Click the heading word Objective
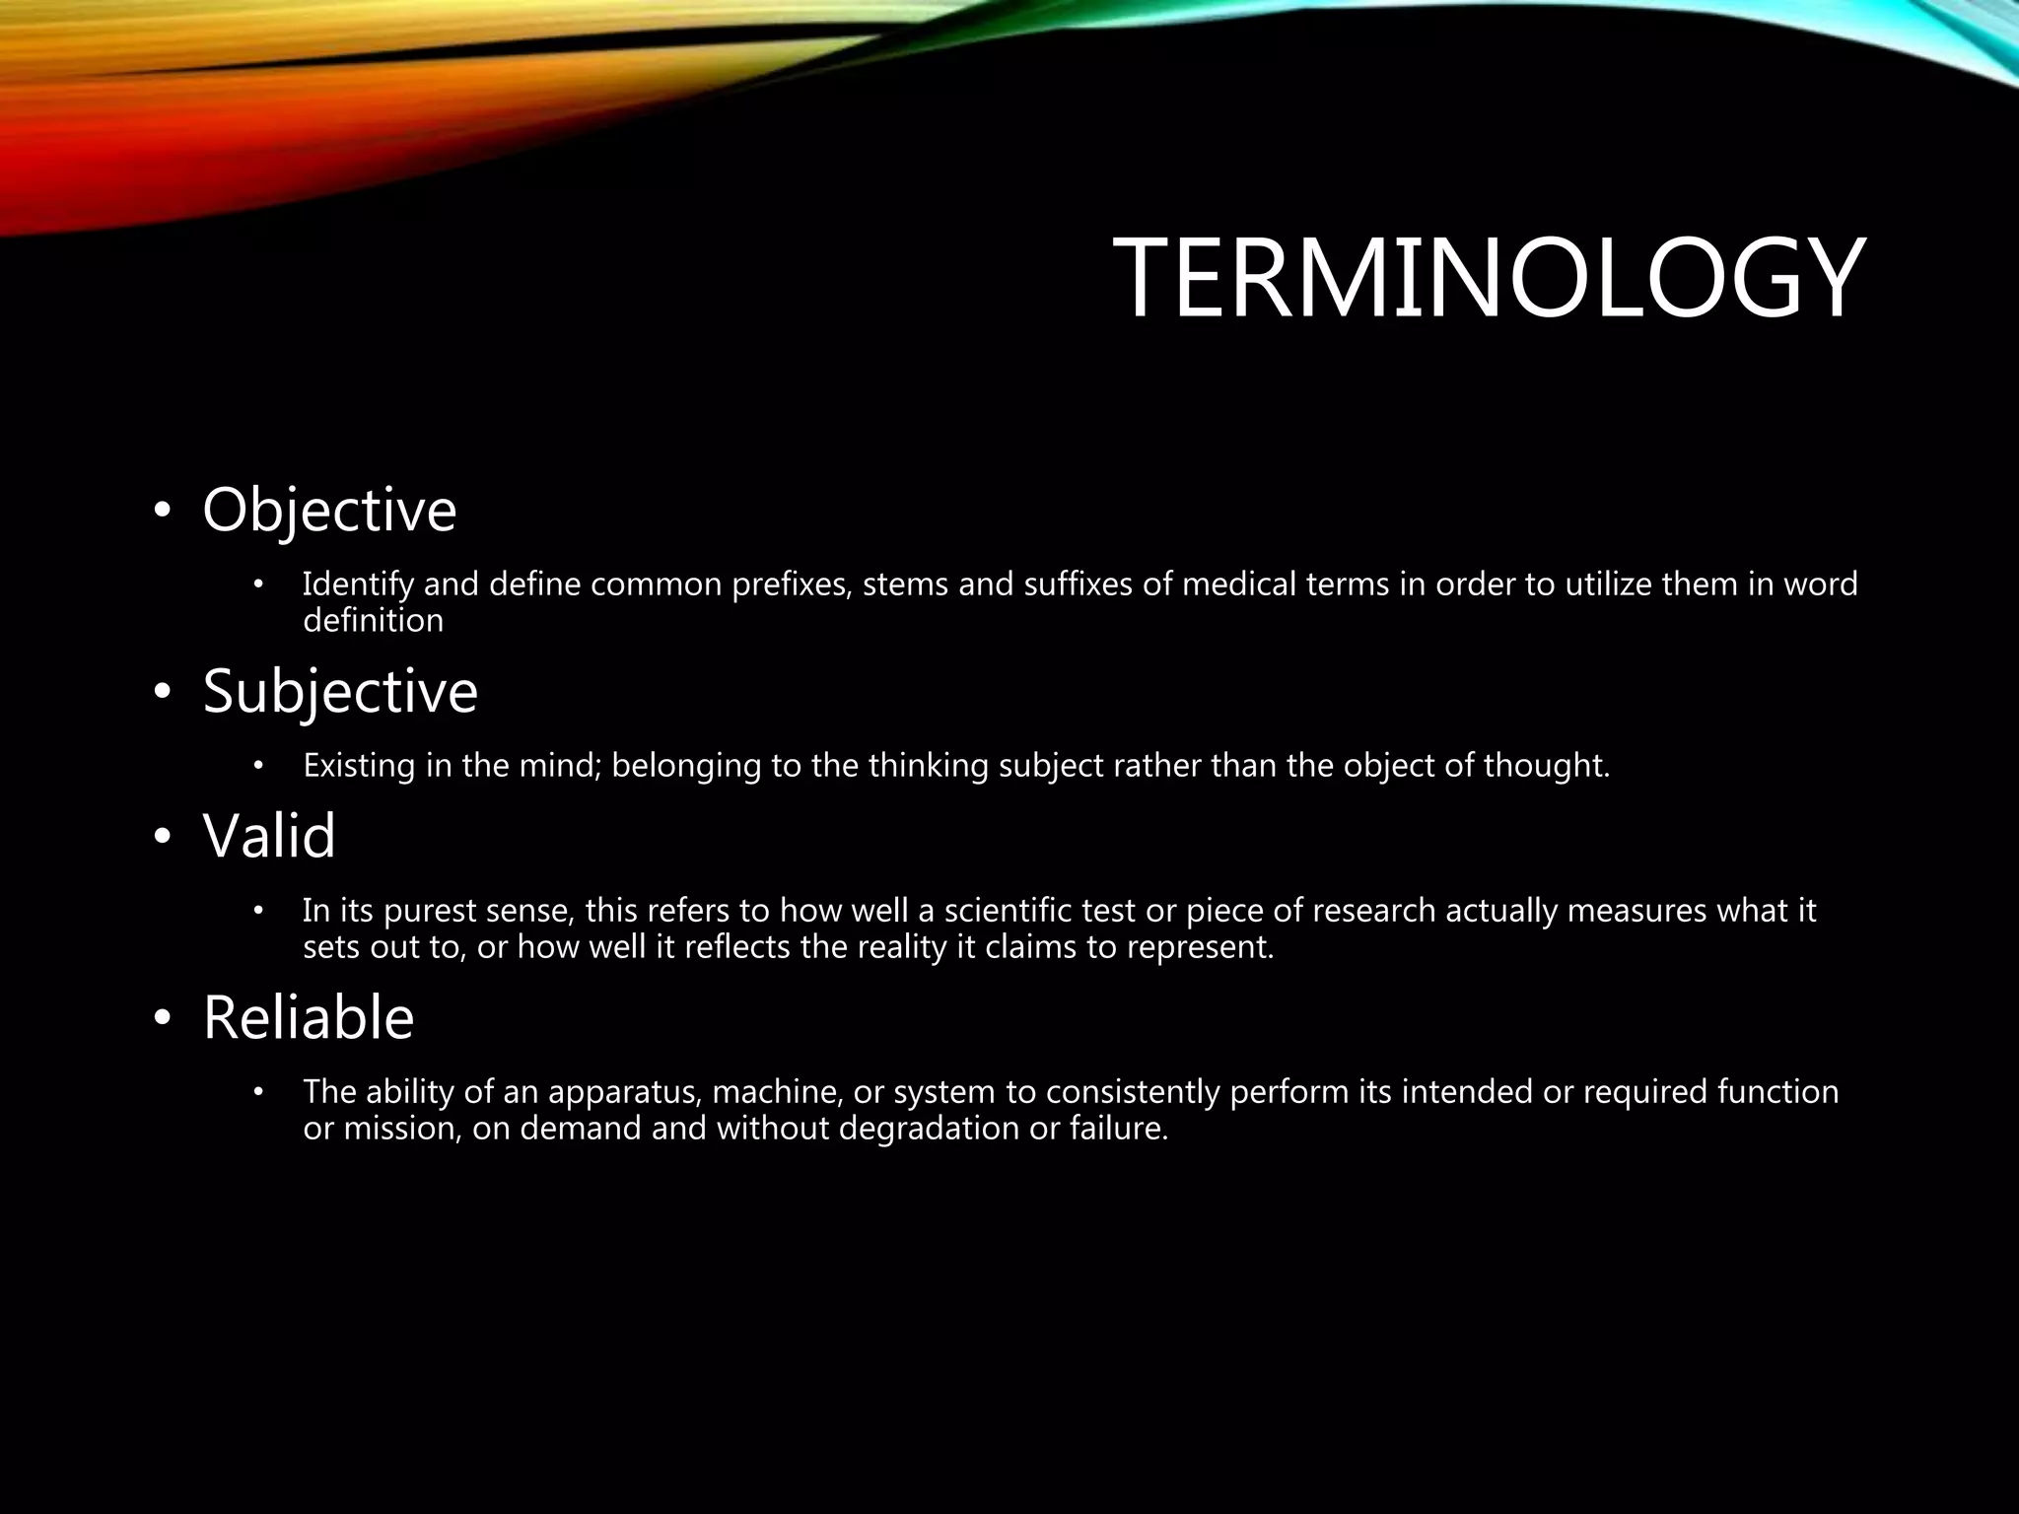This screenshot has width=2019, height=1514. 329,510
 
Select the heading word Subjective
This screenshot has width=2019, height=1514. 340,691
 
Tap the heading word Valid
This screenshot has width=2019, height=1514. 269,836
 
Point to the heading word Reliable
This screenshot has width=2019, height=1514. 309,1017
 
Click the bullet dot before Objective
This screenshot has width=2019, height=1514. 162,512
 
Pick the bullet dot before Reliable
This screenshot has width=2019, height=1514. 162,1019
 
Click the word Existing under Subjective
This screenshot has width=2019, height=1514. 359,765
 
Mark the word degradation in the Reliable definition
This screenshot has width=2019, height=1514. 929,1129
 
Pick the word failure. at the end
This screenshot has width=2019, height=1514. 1119,1129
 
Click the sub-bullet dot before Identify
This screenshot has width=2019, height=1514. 258,585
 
